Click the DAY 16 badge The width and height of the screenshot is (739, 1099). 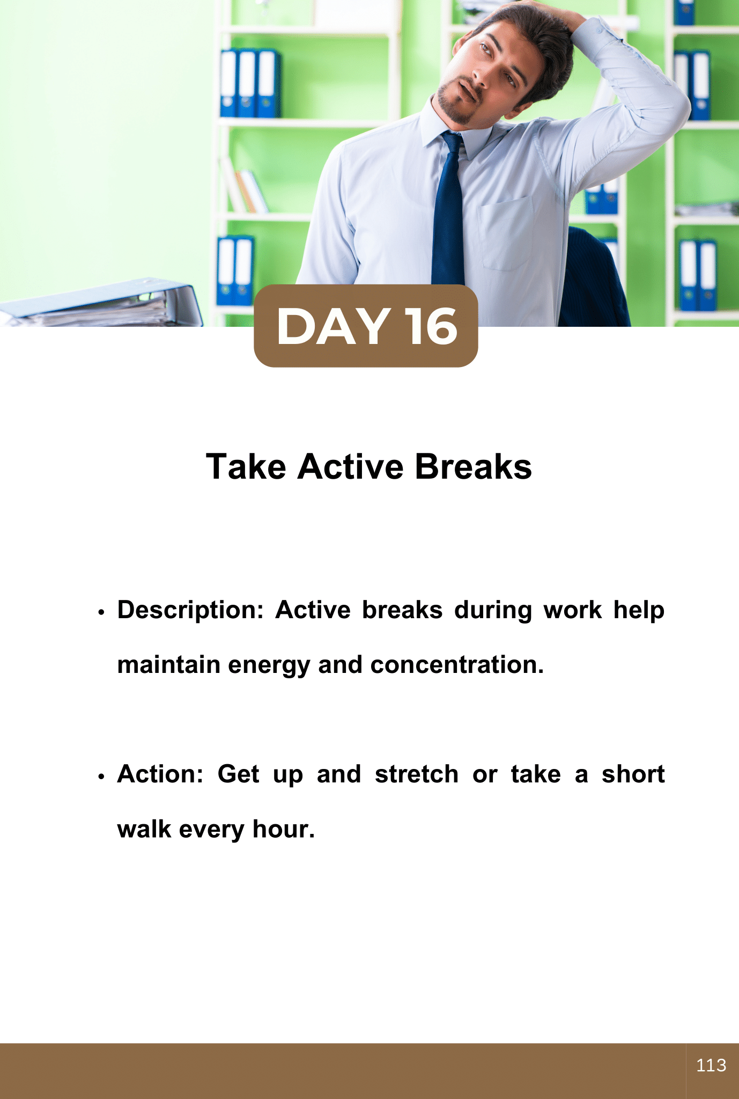pos(366,326)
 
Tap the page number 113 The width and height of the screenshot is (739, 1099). pos(711,1065)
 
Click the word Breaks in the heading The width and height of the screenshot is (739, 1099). pos(473,466)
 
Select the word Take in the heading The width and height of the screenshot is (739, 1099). pos(246,466)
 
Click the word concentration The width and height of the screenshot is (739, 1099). pos(457,664)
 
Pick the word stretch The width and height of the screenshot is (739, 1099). pos(417,774)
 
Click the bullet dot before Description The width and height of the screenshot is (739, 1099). pos(100,612)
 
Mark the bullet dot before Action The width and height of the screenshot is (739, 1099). pos(100,776)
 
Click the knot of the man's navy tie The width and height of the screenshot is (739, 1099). pos(452,142)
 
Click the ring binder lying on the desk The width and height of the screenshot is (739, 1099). pos(102,303)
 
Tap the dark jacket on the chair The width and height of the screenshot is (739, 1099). pos(593,279)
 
